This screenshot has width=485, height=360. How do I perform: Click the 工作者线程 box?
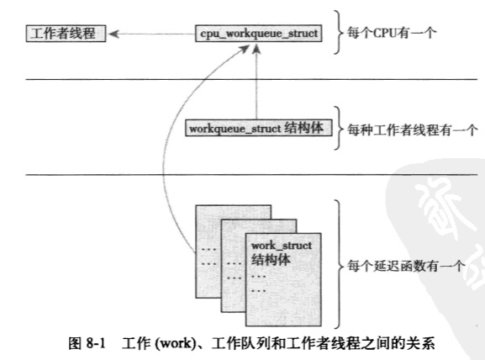click(x=66, y=34)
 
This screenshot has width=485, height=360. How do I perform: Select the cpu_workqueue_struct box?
click(x=259, y=33)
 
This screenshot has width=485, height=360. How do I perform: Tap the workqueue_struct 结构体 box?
click(x=259, y=128)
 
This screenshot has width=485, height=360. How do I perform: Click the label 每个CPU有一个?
click(x=392, y=33)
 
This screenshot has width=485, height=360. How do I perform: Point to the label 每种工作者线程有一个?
click(x=413, y=130)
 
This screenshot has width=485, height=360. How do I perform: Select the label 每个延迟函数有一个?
click(x=406, y=266)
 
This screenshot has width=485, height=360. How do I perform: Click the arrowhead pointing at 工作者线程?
click(x=113, y=34)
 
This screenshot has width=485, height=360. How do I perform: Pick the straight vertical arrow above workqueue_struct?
click(x=256, y=82)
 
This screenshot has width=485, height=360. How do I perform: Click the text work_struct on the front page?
click(x=282, y=246)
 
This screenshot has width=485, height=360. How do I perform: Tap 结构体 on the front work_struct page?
click(x=271, y=259)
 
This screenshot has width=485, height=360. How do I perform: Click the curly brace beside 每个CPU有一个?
click(x=339, y=32)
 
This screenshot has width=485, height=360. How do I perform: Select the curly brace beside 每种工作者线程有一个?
click(x=339, y=128)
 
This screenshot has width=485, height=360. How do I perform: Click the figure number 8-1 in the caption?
click(x=96, y=343)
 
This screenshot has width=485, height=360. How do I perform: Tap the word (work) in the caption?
click(x=175, y=343)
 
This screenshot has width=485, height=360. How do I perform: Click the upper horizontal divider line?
click(x=251, y=80)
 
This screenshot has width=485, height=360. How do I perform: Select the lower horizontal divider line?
click(x=251, y=175)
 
